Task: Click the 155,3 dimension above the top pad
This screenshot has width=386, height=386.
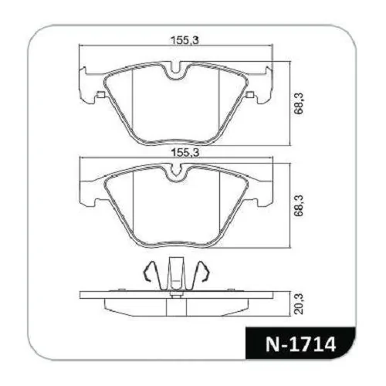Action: tap(185, 40)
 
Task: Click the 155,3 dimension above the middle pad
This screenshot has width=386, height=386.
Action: tap(185, 153)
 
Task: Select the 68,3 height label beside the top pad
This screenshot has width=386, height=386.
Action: tap(299, 103)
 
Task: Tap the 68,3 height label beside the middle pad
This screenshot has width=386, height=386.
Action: tap(299, 206)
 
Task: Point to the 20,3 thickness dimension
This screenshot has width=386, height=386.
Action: tap(299, 303)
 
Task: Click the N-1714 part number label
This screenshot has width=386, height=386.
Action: tap(301, 344)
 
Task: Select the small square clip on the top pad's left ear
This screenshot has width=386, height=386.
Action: tap(101, 95)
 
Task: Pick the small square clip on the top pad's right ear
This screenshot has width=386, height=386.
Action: tap(250, 95)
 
